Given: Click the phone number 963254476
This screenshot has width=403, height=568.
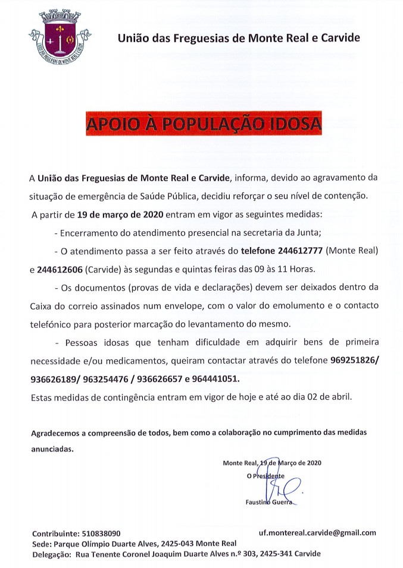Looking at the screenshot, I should [x=117, y=378].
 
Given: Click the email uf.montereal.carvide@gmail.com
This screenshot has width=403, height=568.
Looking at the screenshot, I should [x=317, y=532].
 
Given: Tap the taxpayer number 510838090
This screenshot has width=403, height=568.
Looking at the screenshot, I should [x=99, y=534].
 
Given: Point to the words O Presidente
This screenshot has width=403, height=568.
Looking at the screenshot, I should [x=265, y=476].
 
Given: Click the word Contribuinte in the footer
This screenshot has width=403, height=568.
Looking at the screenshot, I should [x=53, y=534].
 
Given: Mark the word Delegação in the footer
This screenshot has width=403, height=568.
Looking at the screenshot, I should [x=51, y=554].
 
